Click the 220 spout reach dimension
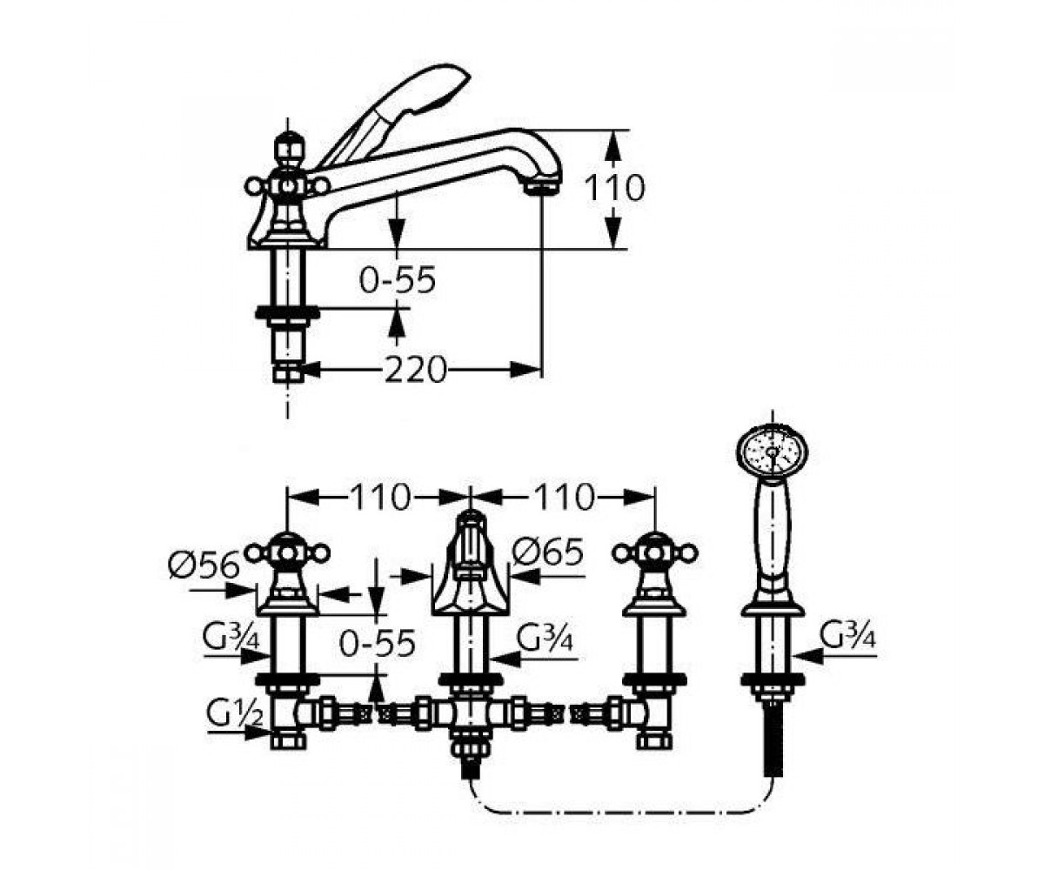pos(414,370)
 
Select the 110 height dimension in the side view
pos(614,188)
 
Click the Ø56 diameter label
pos(204,566)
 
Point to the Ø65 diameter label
pos(548,552)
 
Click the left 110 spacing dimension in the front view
pos(379,498)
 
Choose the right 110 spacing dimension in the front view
pos(564,498)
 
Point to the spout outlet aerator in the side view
pos(543,189)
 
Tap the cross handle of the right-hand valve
pos(655,553)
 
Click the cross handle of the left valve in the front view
pos(287,553)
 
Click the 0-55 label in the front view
pos(377,643)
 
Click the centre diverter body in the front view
pos(471,570)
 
